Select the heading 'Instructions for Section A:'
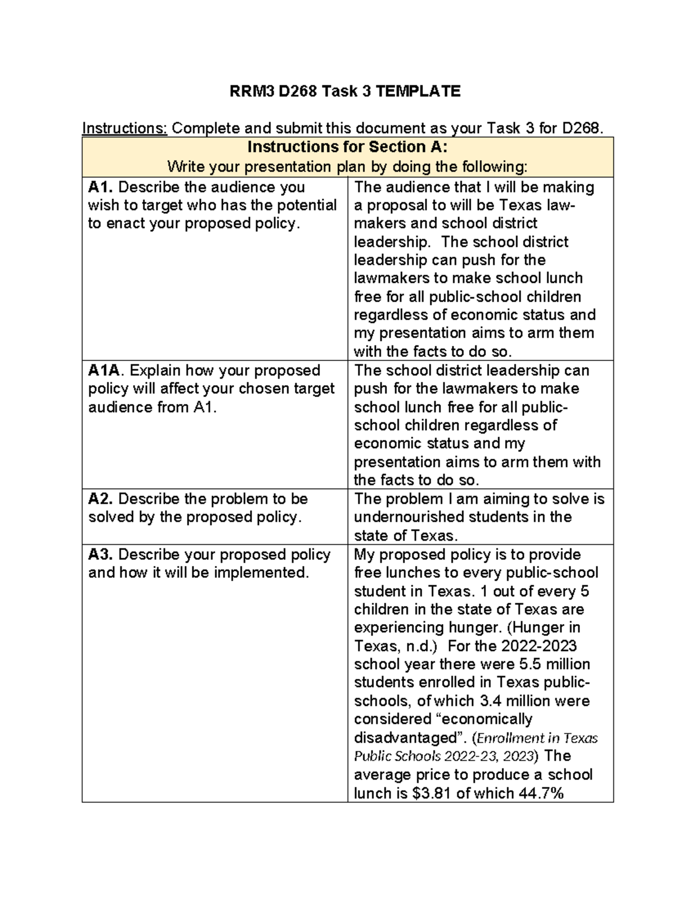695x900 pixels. pos(347,147)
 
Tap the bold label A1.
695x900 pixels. pos(101,187)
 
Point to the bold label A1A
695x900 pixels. pos(107,370)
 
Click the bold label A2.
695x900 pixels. pos(101,499)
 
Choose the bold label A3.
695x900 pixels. pos(101,555)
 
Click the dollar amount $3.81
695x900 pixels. pos(431,793)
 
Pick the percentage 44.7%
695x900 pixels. pos(541,793)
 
